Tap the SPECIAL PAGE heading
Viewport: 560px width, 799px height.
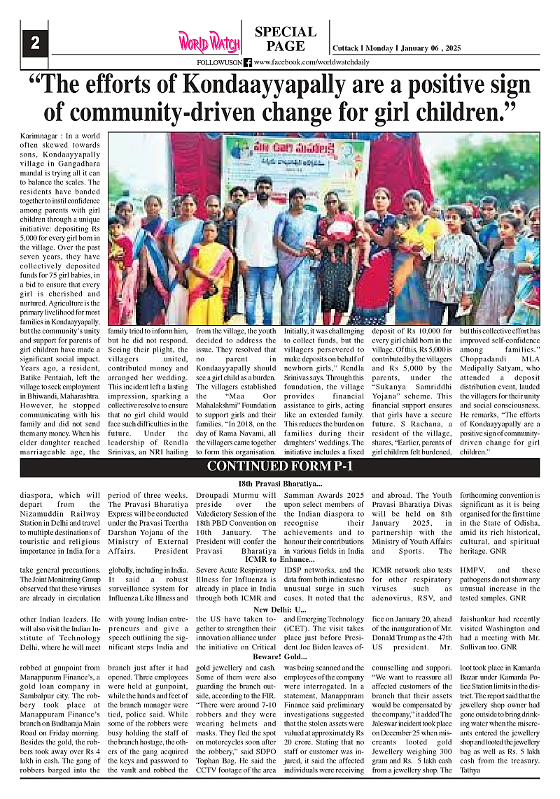tap(286, 39)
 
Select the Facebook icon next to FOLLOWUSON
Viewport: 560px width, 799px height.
tap(248, 62)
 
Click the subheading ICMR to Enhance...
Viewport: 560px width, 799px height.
tap(280, 560)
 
